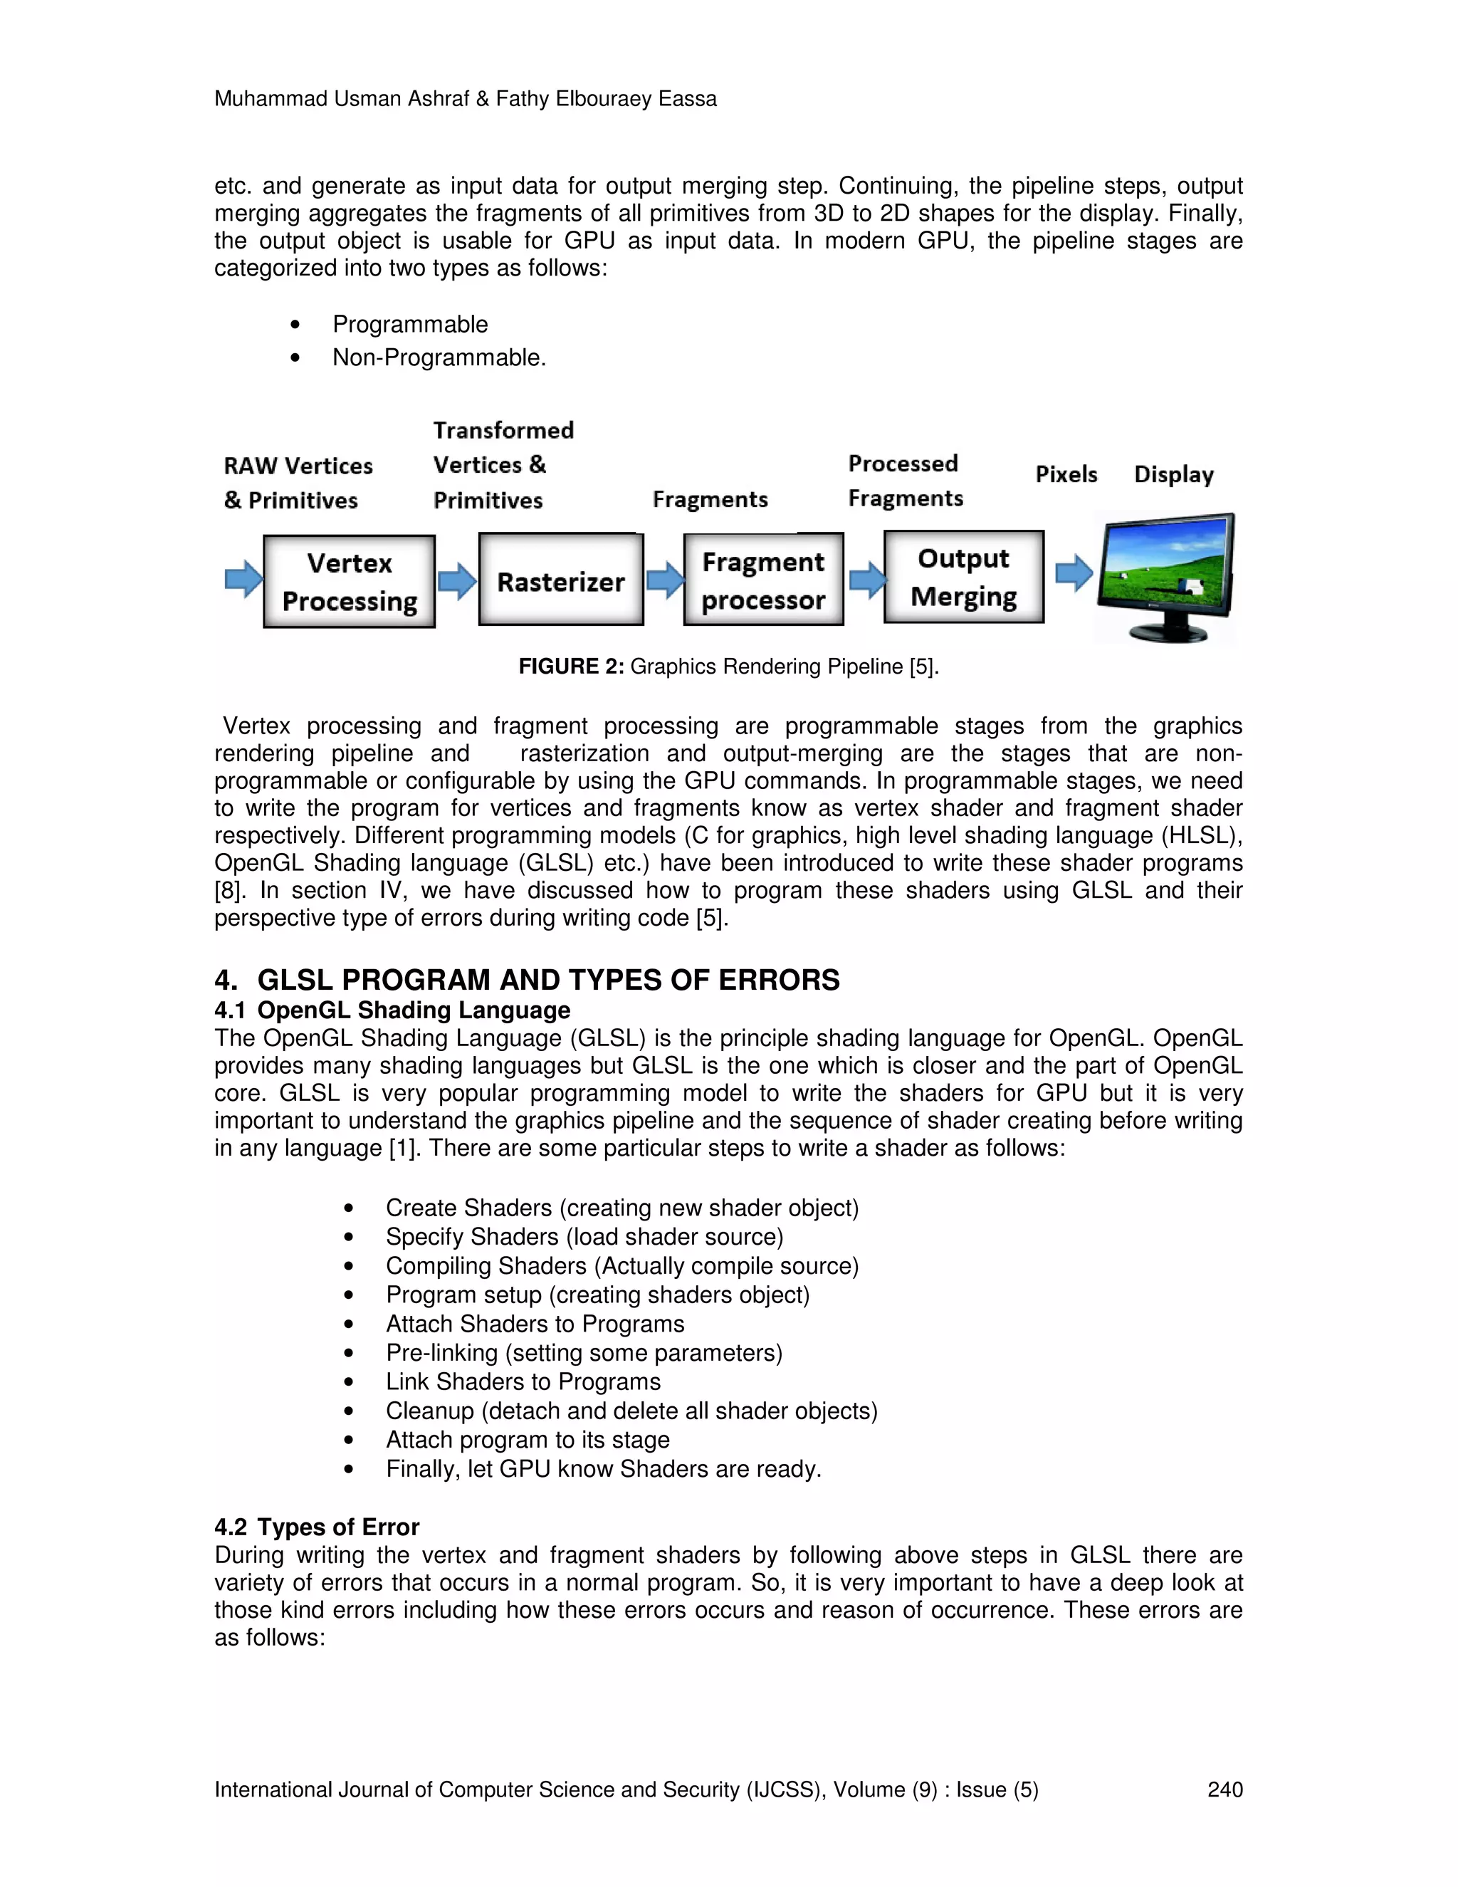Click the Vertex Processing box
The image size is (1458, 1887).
349,582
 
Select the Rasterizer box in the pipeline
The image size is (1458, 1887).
560,580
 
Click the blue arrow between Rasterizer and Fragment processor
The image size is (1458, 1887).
664,580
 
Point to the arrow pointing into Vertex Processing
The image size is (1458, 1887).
243,579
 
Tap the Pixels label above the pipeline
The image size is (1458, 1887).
1066,474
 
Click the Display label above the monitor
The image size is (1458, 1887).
1173,474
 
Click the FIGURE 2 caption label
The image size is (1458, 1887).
571,667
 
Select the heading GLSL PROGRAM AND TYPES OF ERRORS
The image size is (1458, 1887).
547,980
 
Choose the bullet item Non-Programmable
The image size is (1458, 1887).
439,357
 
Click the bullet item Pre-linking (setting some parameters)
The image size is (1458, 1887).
584,1352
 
